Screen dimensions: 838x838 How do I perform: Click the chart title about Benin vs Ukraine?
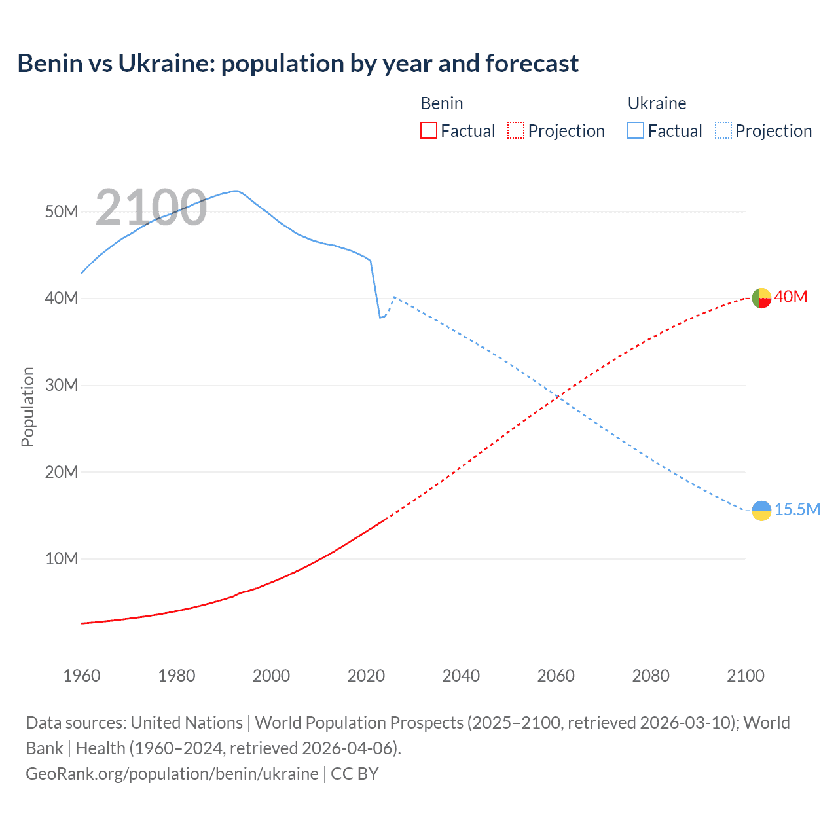point(298,64)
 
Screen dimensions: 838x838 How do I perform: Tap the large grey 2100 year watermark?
point(151,208)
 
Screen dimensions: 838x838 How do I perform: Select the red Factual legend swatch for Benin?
point(428,131)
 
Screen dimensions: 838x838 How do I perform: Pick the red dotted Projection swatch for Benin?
point(516,131)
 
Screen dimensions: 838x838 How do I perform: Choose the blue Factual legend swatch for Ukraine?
point(635,131)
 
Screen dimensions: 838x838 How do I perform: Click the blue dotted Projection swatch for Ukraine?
point(723,131)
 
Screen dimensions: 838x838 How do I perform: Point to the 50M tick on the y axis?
point(62,211)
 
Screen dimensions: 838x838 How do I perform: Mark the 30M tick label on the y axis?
point(62,385)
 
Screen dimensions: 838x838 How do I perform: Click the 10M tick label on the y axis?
point(62,558)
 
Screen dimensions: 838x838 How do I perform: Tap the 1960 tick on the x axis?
point(82,676)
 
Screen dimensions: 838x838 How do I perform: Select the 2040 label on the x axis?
point(461,676)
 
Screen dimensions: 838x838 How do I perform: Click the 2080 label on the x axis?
point(651,676)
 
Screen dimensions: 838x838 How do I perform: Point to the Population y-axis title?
point(27,407)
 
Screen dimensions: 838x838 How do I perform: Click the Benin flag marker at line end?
point(761,298)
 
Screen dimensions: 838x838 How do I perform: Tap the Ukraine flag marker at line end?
point(761,510)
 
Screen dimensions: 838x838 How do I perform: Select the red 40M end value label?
point(790,297)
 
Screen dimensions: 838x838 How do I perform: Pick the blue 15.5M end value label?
point(797,509)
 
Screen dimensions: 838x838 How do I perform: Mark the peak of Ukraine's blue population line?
point(235,191)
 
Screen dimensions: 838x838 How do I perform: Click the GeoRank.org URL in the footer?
point(172,774)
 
